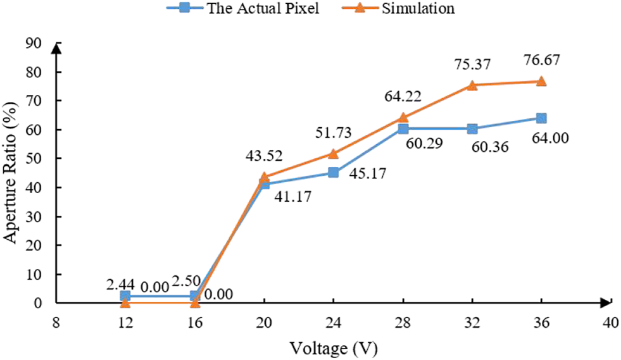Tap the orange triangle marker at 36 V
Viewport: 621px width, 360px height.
pos(541,81)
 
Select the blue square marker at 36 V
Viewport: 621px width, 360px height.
pos(541,118)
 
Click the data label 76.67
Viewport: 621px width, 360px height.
pos(541,61)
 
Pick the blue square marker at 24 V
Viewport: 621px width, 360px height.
pos(334,173)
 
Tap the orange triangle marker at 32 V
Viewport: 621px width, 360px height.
pos(472,85)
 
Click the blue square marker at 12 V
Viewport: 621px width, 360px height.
pos(125,296)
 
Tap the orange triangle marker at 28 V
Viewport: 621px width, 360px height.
pos(403,117)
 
